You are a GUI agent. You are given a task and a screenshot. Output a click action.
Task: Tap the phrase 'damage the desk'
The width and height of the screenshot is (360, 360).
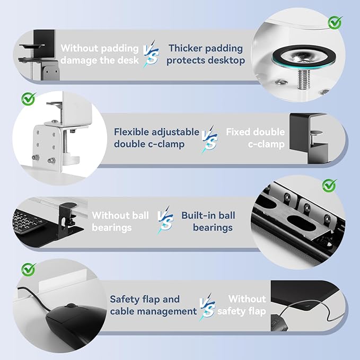pos(100,60)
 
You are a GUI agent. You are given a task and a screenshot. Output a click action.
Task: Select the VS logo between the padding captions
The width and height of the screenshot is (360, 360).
pos(151,54)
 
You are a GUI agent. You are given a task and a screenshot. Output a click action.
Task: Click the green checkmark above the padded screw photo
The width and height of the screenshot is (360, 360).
pos(335,22)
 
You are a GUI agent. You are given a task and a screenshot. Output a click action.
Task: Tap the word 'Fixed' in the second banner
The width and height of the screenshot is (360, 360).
pos(235,132)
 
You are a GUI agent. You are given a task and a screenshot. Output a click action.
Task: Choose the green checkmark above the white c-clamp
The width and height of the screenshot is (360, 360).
pos(28,99)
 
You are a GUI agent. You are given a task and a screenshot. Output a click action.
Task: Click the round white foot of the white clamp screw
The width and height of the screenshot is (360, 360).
pos(71,159)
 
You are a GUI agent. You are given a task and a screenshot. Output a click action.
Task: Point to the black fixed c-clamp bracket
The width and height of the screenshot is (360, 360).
pos(308,138)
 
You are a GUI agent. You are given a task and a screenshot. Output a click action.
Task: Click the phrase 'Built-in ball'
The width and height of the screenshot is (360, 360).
pos(208,216)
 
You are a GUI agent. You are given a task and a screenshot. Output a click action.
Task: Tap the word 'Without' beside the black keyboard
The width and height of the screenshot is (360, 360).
pos(108,216)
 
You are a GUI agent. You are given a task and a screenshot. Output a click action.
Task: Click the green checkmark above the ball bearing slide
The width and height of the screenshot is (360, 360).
pos(329,185)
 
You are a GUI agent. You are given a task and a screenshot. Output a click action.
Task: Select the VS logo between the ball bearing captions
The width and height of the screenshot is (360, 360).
pos(165,220)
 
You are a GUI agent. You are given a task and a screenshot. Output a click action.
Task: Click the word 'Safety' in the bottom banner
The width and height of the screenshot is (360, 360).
pos(125,300)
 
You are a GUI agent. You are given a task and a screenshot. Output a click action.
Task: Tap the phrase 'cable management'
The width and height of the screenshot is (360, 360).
pos(153,312)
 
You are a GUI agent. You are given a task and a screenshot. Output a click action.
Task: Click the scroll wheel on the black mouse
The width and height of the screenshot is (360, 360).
pos(71,305)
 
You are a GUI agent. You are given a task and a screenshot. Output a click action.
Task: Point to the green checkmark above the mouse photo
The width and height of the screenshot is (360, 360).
pos(28,269)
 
